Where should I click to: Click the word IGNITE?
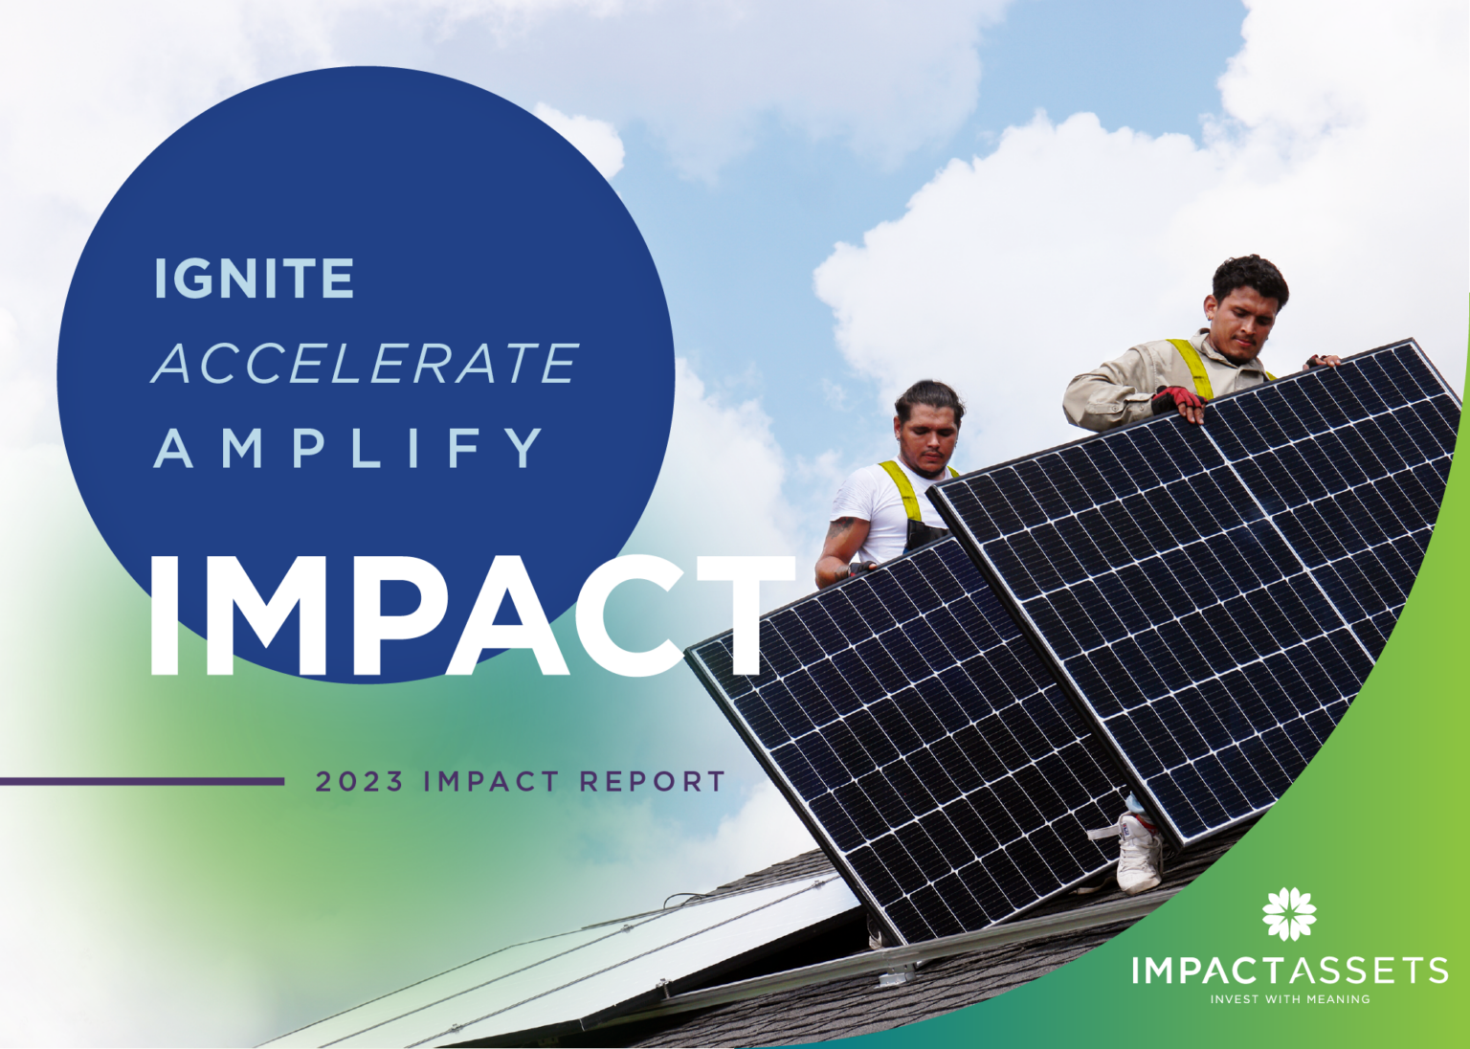pyautogui.click(x=255, y=279)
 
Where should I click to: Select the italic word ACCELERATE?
pyautogui.click(x=366, y=364)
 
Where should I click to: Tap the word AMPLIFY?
pyautogui.click(x=350, y=448)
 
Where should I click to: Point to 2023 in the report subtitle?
pyautogui.click(x=360, y=782)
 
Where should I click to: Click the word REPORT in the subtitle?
pyautogui.click(x=653, y=782)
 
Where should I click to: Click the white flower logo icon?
pyautogui.click(x=1288, y=914)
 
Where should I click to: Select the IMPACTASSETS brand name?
pyautogui.click(x=1289, y=971)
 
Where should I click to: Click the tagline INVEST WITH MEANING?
pyautogui.click(x=1289, y=999)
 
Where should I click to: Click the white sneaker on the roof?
pyautogui.click(x=1139, y=855)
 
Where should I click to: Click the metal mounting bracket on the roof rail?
pyautogui.click(x=896, y=977)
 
